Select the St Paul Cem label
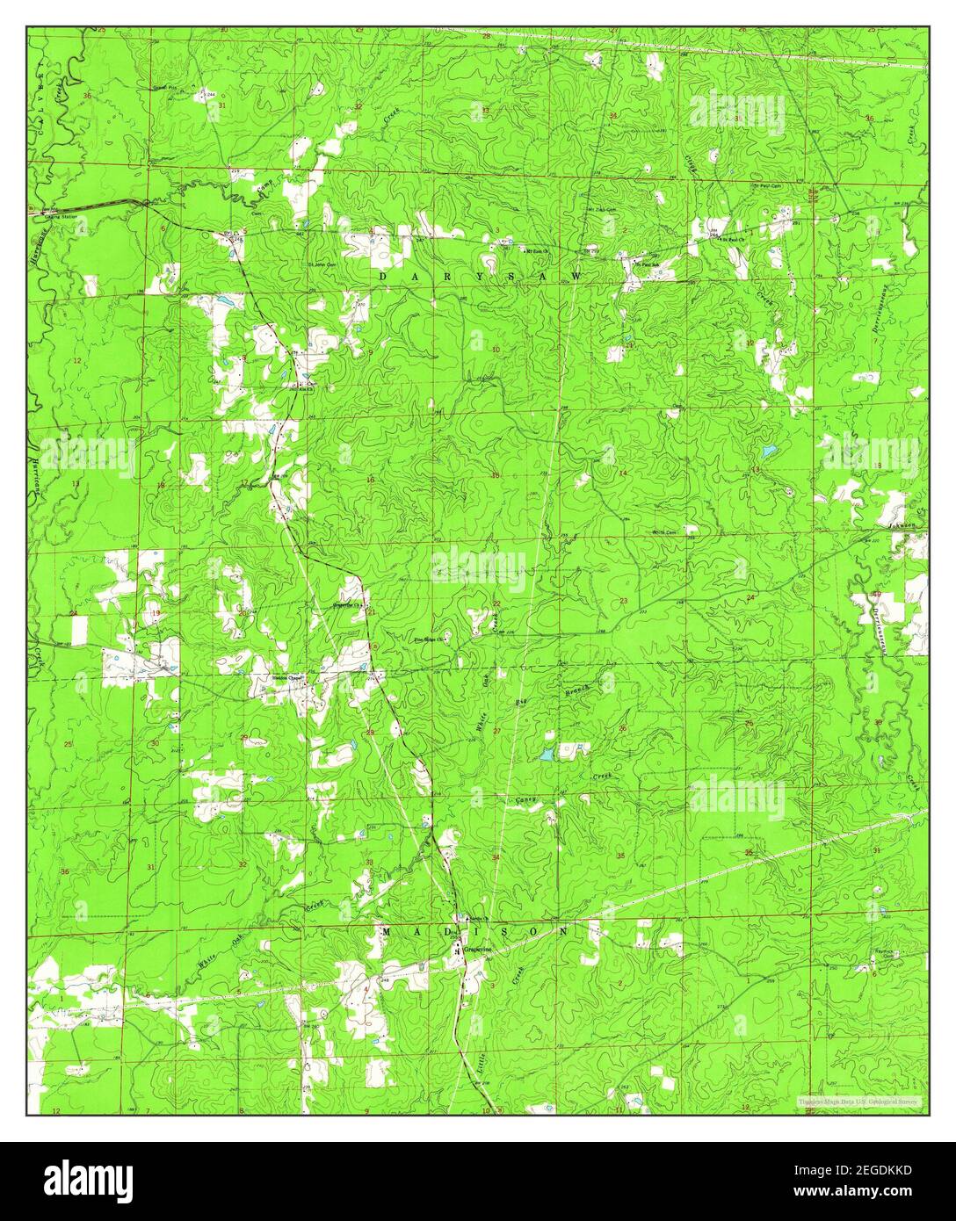click(767, 186)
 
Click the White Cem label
click(664, 531)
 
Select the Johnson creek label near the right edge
click(902, 526)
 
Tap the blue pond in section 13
click(769, 452)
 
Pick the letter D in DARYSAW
click(383, 276)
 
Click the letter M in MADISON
click(387, 931)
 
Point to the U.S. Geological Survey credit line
click(857, 1101)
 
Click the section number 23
click(623, 601)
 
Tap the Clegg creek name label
click(689, 163)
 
